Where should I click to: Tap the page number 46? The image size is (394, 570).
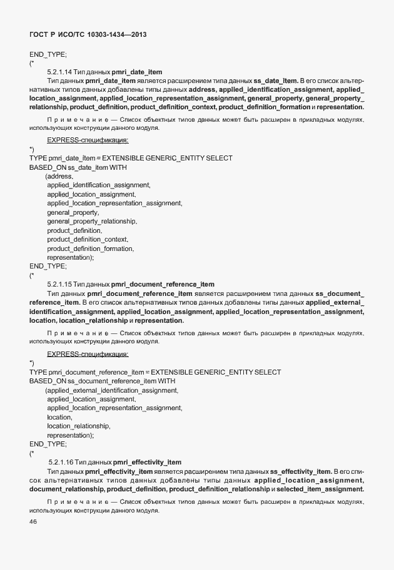[x=33, y=523]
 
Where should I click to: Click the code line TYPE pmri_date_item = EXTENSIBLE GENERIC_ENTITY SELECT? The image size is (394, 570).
[x=131, y=159]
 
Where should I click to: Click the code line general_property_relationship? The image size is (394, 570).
[x=92, y=222]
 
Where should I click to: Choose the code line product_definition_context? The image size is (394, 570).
[x=88, y=240]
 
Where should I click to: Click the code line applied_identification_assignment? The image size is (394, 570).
[x=99, y=185]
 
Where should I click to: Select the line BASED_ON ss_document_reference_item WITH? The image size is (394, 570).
[x=103, y=381]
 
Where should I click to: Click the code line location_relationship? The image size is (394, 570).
[x=79, y=426]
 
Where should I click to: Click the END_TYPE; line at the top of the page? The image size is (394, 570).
[x=48, y=54]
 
